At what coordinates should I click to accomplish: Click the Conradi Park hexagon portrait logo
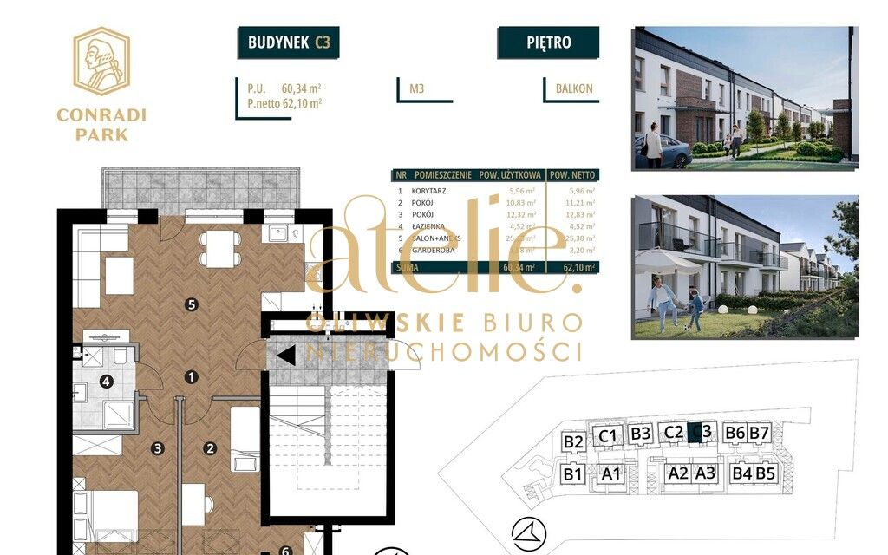pyautogui.click(x=101, y=60)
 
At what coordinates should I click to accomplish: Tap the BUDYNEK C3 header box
pyautogui.click(x=288, y=42)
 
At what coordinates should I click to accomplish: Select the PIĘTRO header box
pyautogui.click(x=548, y=42)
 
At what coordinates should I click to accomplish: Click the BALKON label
pyautogui.click(x=574, y=88)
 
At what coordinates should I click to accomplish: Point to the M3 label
pyautogui.click(x=417, y=88)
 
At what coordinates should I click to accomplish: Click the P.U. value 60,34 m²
pyautogui.click(x=302, y=88)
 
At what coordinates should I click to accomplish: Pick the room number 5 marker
pyautogui.click(x=192, y=304)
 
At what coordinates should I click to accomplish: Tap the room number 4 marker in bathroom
pyautogui.click(x=107, y=381)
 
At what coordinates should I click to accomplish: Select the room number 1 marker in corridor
pyautogui.click(x=192, y=376)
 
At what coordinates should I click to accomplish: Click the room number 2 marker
pyautogui.click(x=209, y=448)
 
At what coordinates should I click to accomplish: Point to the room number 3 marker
pyautogui.click(x=157, y=448)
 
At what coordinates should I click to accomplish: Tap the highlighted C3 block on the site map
pyautogui.click(x=695, y=432)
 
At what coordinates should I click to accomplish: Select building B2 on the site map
pyautogui.click(x=572, y=441)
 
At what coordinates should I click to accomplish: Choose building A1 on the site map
pyautogui.click(x=611, y=473)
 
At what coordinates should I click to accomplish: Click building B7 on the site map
pyautogui.click(x=760, y=433)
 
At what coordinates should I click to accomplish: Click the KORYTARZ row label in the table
pyautogui.click(x=431, y=191)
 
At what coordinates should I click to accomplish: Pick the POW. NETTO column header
pyautogui.click(x=572, y=174)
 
